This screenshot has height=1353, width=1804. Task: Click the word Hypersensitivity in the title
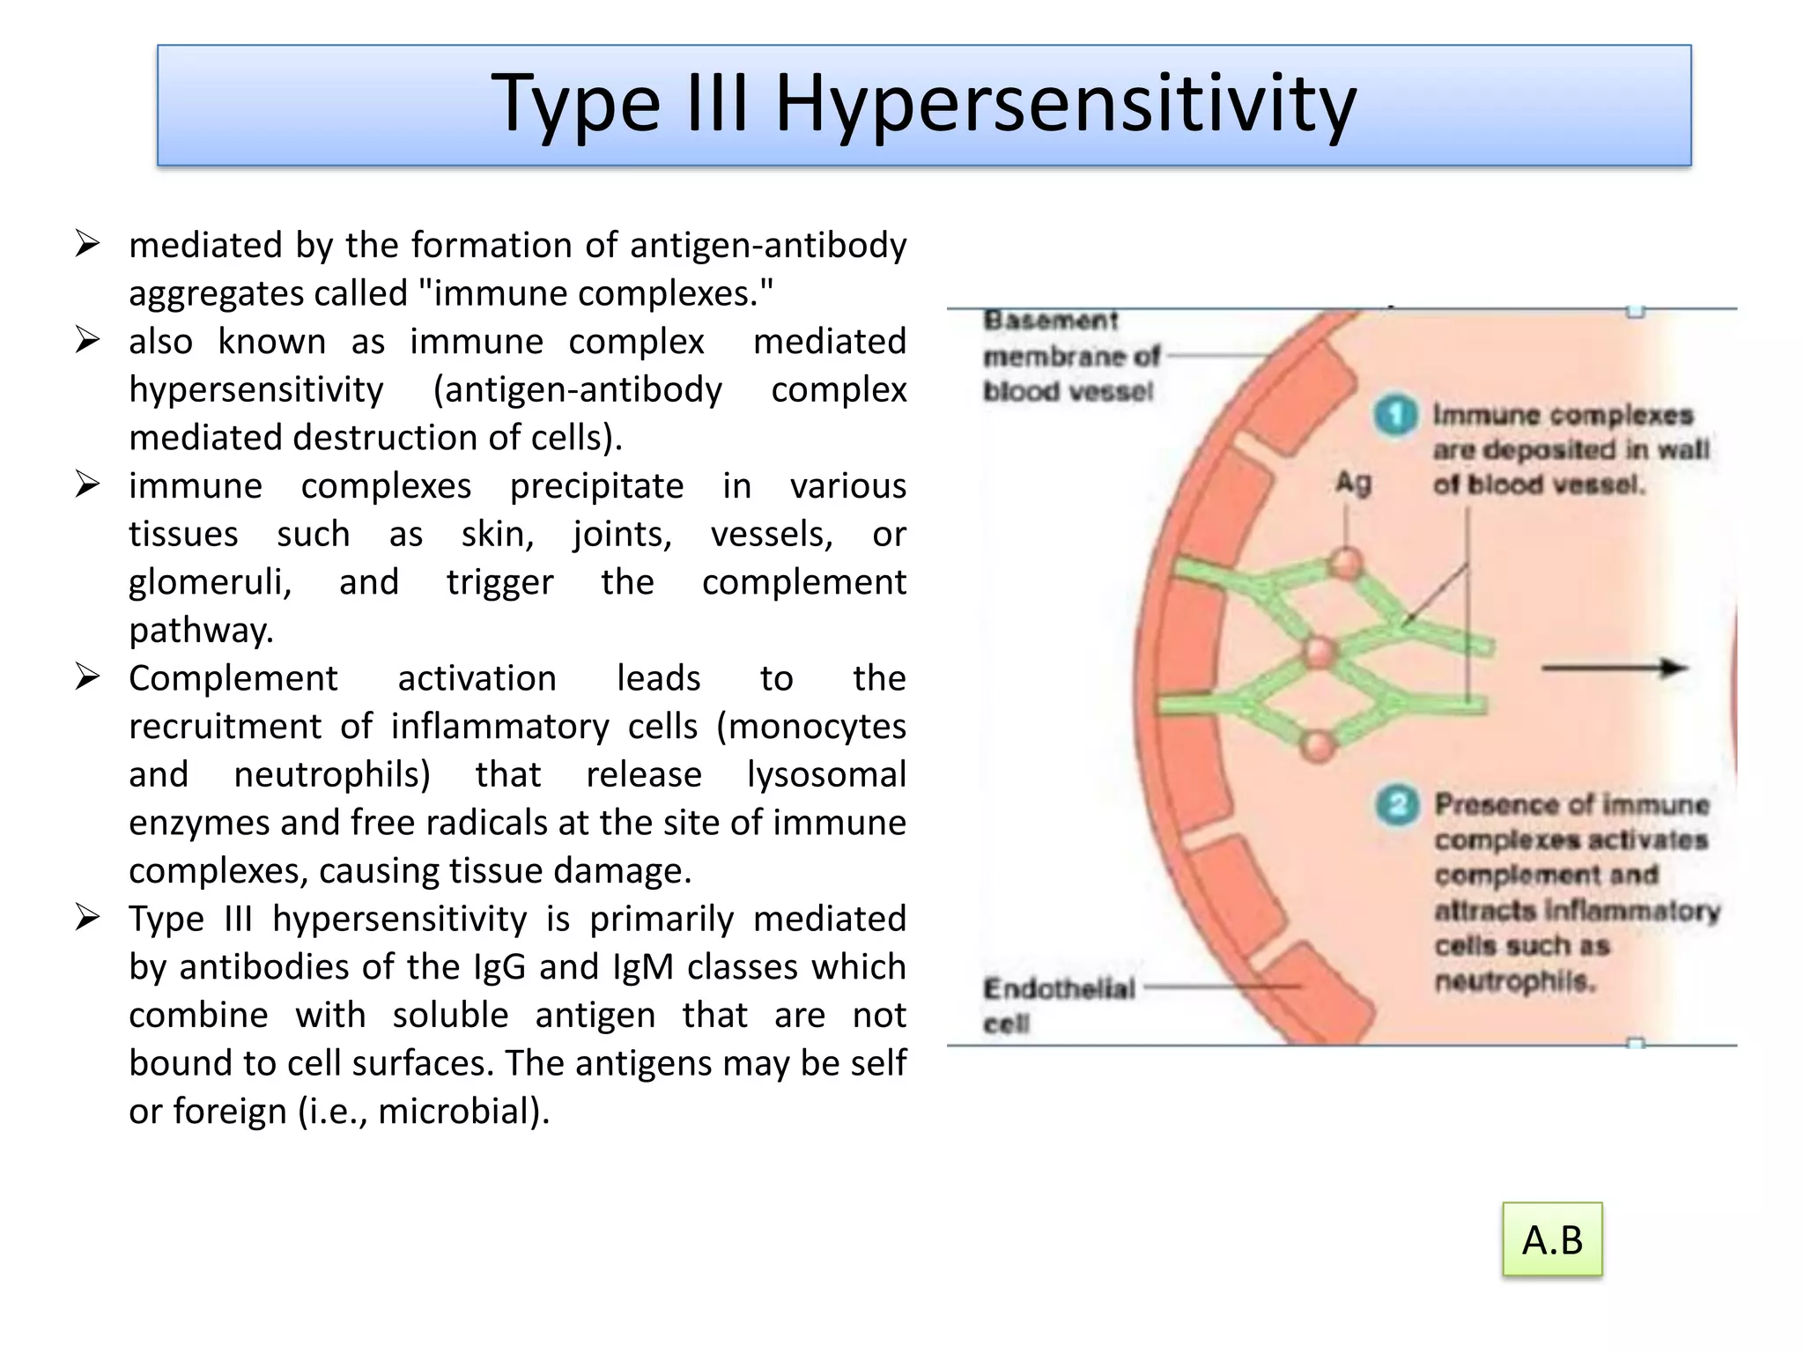click(1065, 104)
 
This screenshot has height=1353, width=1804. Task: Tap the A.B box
click(1552, 1239)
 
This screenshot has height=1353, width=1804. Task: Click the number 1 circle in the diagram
click(1395, 415)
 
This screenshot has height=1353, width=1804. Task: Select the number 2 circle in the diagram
click(1397, 804)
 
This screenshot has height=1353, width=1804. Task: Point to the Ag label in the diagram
click(1353, 483)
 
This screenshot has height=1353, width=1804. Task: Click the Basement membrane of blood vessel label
click(1070, 356)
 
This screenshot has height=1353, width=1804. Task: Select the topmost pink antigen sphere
click(1346, 563)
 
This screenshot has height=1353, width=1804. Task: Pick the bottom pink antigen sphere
click(1319, 746)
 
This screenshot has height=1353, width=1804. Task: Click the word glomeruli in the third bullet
click(210, 582)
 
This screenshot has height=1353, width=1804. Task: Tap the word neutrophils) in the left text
click(332, 775)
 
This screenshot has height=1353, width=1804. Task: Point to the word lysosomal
click(826, 775)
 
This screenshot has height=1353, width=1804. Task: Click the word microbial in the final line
click(458, 1112)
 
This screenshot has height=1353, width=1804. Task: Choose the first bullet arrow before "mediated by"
click(87, 244)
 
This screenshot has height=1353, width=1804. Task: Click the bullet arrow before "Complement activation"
click(87, 677)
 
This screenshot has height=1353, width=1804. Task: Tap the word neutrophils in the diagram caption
click(1515, 980)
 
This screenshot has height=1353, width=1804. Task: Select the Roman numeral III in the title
click(716, 104)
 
